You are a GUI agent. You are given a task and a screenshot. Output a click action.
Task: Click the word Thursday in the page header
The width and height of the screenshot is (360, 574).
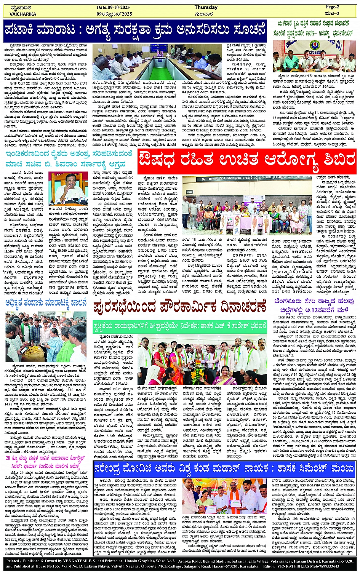coord(206,7)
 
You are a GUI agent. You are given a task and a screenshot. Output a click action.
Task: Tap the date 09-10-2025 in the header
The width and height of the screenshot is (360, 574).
coord(113,7)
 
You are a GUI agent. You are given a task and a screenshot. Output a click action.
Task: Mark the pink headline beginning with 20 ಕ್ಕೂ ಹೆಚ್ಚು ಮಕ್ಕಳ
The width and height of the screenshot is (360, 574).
coord(47,459)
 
